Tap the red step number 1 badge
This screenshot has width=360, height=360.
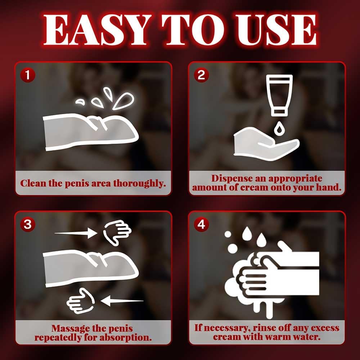coord(28,75)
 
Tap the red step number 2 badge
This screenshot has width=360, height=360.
coord(201,75)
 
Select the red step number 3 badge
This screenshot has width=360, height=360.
coord(28,224)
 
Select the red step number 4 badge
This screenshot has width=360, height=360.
coord(201,224)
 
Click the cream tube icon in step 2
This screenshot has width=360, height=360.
coord(279,95)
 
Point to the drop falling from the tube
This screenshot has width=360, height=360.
coord(279,128)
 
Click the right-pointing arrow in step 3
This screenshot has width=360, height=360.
coord(76,233)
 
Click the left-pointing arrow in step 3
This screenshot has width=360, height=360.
coord(122,301)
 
